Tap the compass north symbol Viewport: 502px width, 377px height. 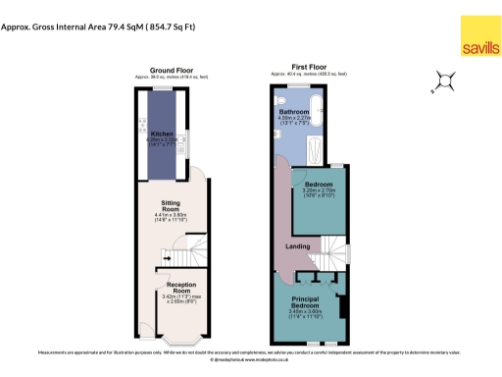click(x=444, y=81)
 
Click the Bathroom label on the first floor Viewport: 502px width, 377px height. click(x=295, y=112)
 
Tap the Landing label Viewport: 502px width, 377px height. click(x=298, y=245)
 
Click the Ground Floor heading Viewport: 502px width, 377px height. click(x=171, y=70)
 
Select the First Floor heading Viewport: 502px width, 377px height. click(x=309, y=70)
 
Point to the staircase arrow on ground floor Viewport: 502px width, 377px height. click(x=168, y=256)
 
